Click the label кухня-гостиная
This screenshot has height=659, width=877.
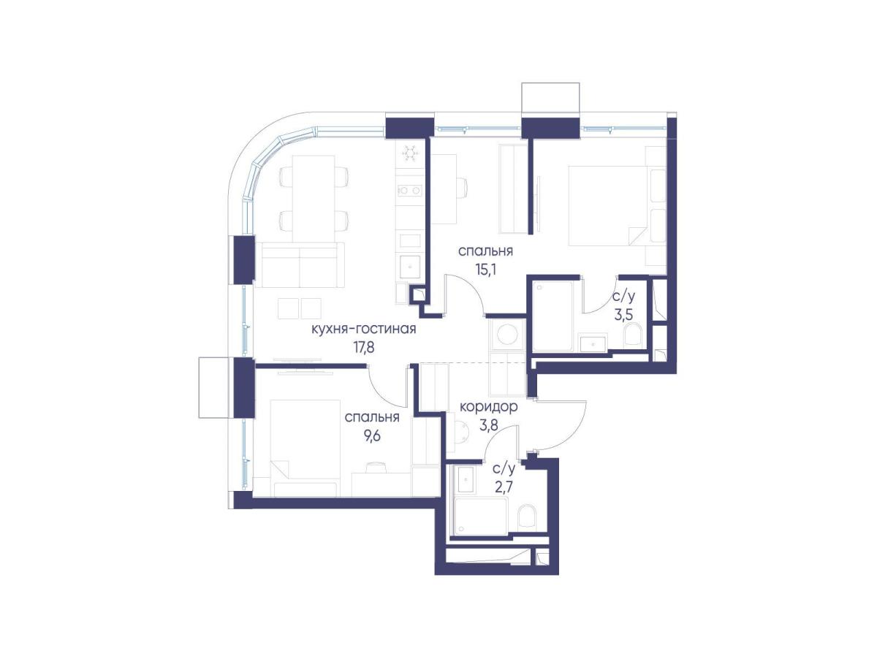tap(363, 329)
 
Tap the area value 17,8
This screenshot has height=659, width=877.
tap(363, 348)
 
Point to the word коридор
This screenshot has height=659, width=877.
tap(488, 407)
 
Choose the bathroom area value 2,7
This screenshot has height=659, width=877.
tap(504, 489)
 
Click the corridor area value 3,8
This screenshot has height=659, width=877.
tap(488, 425)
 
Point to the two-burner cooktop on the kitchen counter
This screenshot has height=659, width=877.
tap(410, 191)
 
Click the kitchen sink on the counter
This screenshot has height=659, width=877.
tap(410, 266)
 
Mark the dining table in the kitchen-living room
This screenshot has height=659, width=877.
tap(314, 198)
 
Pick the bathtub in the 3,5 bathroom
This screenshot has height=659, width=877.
tap(553, 316)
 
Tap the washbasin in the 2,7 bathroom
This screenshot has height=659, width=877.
tap(466, 479)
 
